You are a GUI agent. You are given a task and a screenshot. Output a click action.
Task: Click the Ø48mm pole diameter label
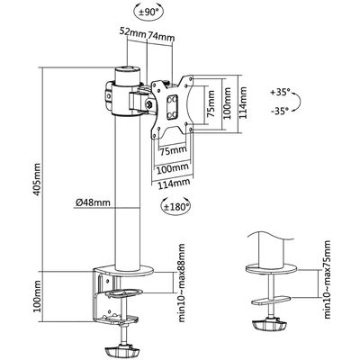94,202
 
